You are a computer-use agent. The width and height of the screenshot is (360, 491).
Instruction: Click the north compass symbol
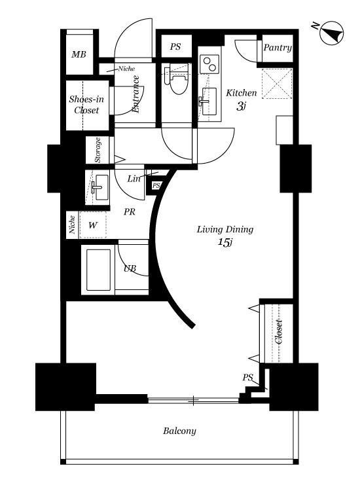coord(332,33)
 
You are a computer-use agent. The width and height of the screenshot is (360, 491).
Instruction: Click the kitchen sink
coord(209,101)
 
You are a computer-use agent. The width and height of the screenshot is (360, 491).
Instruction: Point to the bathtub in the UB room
coord(99,270)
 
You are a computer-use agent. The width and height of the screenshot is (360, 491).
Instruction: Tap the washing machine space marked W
coord(93,225)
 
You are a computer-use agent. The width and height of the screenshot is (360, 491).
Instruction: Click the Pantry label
coord(278,48)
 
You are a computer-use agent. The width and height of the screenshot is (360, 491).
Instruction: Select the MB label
coord(79,54)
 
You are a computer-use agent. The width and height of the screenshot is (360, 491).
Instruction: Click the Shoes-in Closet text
coord(86,105)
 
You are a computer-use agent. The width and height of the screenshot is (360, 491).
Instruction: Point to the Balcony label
coord(179,431)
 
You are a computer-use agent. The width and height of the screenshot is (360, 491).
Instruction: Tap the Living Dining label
coord(225,229)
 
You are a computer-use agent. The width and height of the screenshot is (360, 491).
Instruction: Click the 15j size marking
coord(225,242)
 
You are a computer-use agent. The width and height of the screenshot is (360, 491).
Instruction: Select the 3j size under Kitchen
coord(241,107)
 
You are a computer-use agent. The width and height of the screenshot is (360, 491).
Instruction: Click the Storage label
coord(98,150)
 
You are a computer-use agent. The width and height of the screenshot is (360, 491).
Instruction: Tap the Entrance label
coord(136,94)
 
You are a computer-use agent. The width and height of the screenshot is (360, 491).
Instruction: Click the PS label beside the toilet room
coord(175,47)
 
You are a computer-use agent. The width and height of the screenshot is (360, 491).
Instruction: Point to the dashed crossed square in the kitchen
coord(277,83)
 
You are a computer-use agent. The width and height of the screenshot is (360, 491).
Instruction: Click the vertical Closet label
coord(279,332)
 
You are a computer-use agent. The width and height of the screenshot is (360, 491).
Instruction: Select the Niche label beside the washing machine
coord(72,225)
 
